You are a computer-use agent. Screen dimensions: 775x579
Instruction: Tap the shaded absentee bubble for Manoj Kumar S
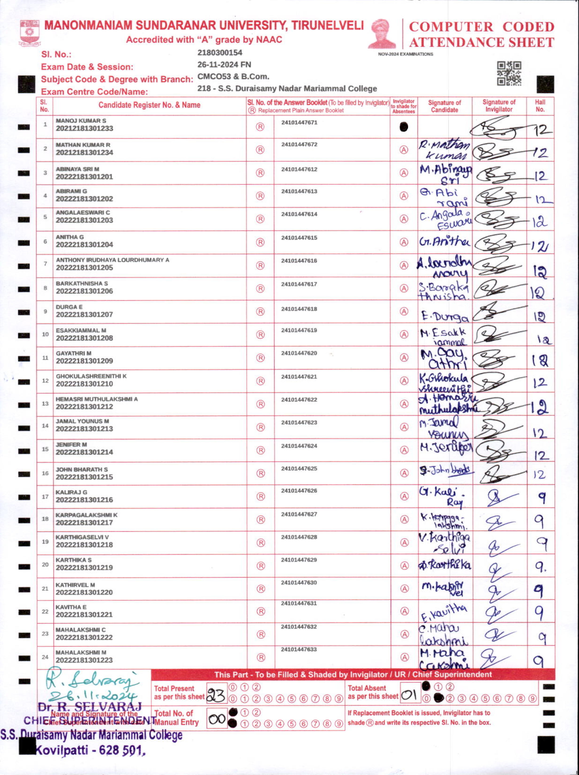pyautogui.click(x=403, y=127)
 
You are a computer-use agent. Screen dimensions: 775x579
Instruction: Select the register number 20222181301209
pyautogui.click(x=84, y=361)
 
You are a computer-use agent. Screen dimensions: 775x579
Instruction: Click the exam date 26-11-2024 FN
pyautogui.click(x=224, y=65)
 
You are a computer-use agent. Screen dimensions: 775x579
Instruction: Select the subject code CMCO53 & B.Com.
pyautogui.click(x=233, y=76)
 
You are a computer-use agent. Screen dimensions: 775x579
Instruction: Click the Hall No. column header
pyautogui.click(x=540, y=105)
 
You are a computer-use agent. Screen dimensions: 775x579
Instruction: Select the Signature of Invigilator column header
pyautogui.click(x=499, y=105)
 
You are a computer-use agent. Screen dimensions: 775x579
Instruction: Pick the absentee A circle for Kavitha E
pyautogui.click(x=404, y=611)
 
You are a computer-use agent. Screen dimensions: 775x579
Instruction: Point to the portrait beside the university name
pyautogui.click(x=382, y=34)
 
